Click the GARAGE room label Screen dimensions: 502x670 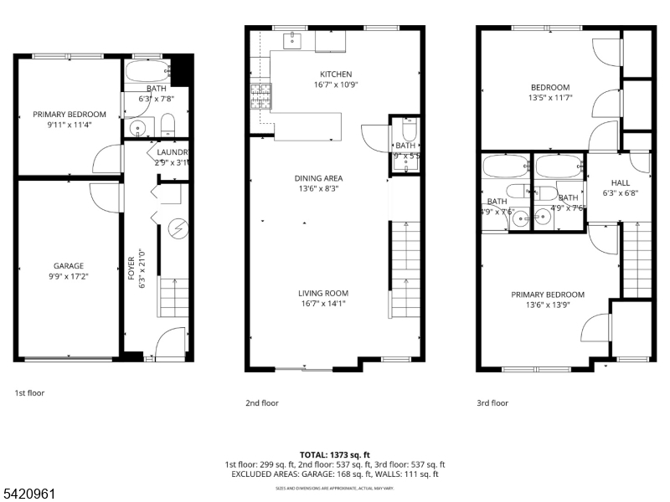click(x=69, y=266)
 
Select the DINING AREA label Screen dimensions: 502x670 click(x=318, y=178)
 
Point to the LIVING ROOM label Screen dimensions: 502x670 click(x=323, y=293)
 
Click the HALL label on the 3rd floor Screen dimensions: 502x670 click(x=620, y=182)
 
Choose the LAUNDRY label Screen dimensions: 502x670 click(x=172, y=152)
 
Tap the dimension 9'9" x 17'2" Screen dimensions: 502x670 click(x=69, y=276)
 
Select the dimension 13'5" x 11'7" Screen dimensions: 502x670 click(x=549, y=98)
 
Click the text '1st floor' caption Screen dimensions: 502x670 click(x=29, y=392)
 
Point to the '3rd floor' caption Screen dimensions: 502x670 click(x=492, y=402)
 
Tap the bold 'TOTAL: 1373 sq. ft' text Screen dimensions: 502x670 click(x=334, y=454)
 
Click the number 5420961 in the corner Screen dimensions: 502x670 click(x=28, y=494)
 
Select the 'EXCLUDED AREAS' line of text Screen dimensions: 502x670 click(x=334, y=474)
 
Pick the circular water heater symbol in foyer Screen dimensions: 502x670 click(x=178, y=227)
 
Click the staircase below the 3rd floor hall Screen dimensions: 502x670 click(x=636, y=259)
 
